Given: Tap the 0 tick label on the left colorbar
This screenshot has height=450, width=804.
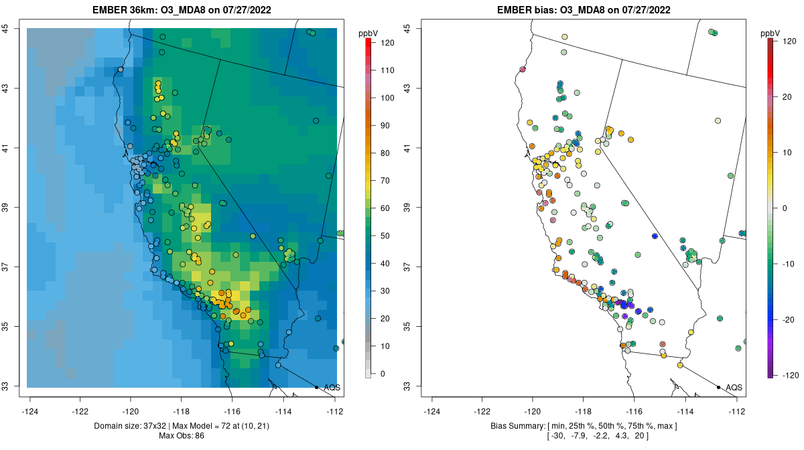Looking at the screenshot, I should point(383,374).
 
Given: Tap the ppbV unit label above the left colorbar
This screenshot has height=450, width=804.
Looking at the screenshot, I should point(368,33).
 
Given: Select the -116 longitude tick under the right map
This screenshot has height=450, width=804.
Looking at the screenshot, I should point(634,410).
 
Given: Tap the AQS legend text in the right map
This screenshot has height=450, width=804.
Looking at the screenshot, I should point(734,388).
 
